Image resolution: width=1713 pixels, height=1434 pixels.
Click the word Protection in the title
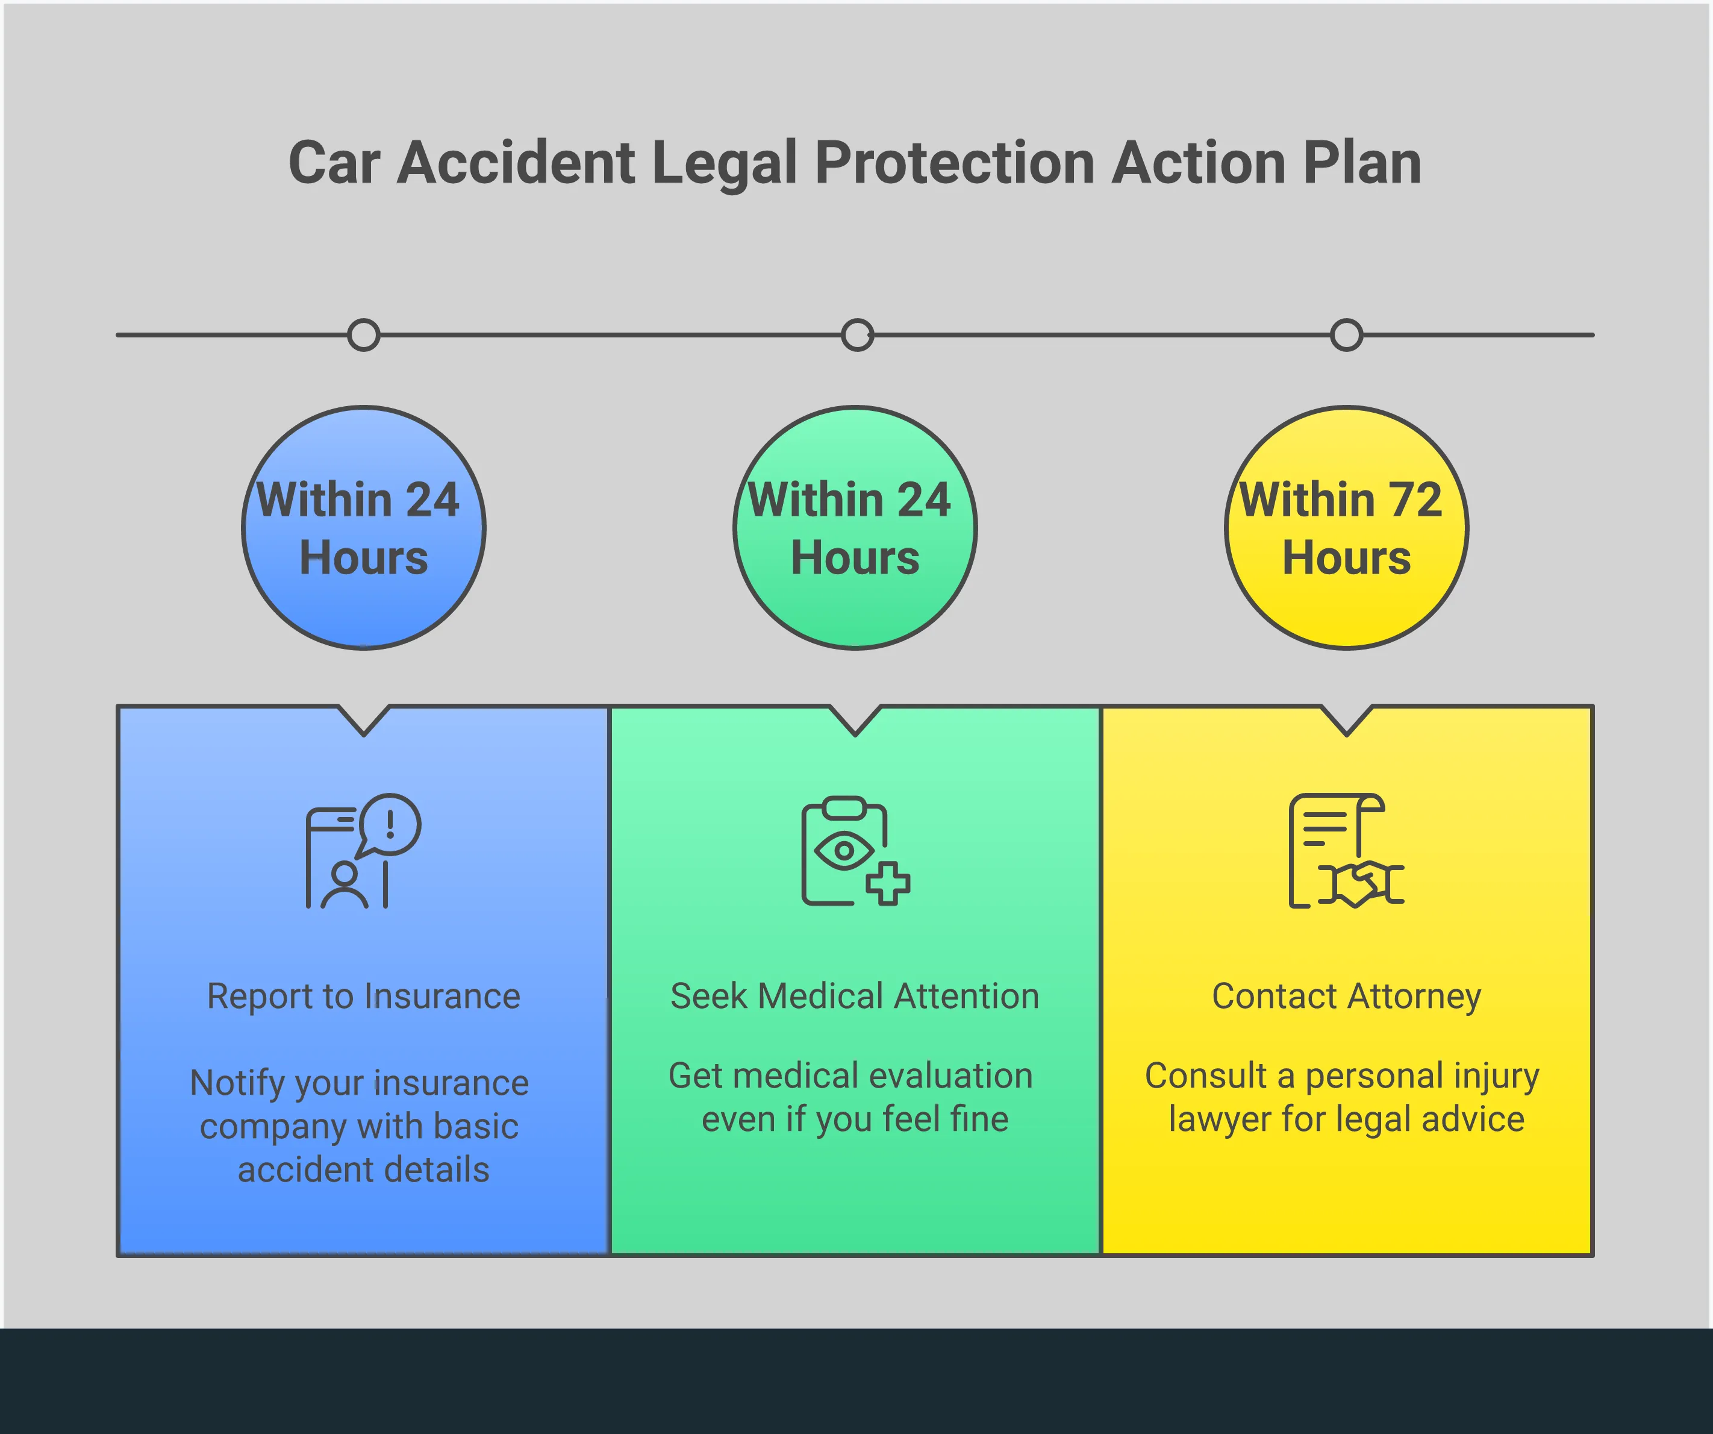click(x=955, y=163)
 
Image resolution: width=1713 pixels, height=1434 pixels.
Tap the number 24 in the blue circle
click(x=432, y=499)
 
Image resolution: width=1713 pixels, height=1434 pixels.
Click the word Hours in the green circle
click(x=855, y=559)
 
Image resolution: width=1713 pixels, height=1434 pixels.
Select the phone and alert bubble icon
click(x=363, y=850)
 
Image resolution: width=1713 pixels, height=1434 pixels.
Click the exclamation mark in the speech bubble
click(x=391, y=822)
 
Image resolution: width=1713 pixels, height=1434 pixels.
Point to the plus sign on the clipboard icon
click(x=887, y=883)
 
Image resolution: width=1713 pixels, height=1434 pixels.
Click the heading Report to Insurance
click(x=364, y=997)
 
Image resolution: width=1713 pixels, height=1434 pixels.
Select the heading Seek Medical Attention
click(x=854, y=997)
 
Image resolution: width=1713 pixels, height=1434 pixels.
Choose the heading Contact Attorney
click(x=1346, y=997)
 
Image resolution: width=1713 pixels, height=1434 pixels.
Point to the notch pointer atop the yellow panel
click(x=1346, y=722)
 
